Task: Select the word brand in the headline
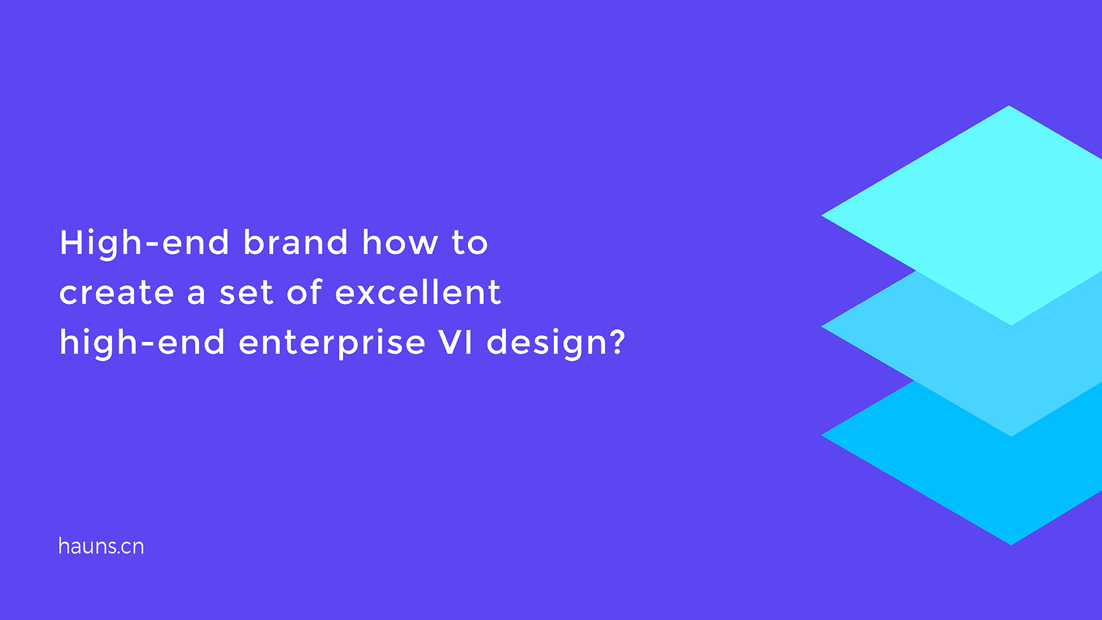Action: coord(296,242)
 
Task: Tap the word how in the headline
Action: coord(400,242)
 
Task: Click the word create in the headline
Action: coord(117,293)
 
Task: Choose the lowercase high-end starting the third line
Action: coord(142,343)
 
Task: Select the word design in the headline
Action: coord(546,343)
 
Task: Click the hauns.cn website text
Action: coord(101,547)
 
